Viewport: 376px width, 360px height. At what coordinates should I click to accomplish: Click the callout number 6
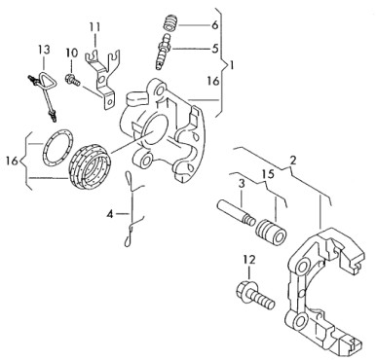click(x=215, y=25)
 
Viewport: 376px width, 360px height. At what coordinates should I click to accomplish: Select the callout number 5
click(x=215, y=49)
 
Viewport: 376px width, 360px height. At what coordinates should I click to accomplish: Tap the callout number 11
click(x=94, y=27)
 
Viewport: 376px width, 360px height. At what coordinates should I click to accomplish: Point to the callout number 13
click(x=45, y=50)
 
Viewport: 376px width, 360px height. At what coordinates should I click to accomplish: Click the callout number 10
click(x=72, y=53)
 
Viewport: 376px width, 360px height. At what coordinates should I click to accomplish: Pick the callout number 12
click(x=249, y=260)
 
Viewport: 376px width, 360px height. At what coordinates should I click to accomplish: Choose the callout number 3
click(x=242, y=184)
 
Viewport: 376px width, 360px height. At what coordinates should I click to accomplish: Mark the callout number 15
click(x=269, y=174)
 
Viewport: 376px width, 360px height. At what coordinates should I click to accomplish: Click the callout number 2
click(x=293, y=160)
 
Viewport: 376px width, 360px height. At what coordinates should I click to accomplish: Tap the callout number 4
click(x=111, y=214)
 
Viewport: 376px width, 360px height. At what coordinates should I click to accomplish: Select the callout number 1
click(x=232, y=66)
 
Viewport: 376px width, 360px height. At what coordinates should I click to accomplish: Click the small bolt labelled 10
click(x=73, y=80)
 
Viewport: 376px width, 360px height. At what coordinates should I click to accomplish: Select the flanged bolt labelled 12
click(x=255, y=295)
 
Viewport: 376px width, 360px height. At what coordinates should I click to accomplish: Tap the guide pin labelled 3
click(x=235, y=212)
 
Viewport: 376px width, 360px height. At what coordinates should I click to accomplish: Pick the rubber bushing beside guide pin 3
click(x=271, y=233)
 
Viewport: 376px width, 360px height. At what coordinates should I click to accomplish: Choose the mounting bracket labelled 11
click(x=101, y=78)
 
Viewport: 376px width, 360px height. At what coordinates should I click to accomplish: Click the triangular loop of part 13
click(x=47, y=80)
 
